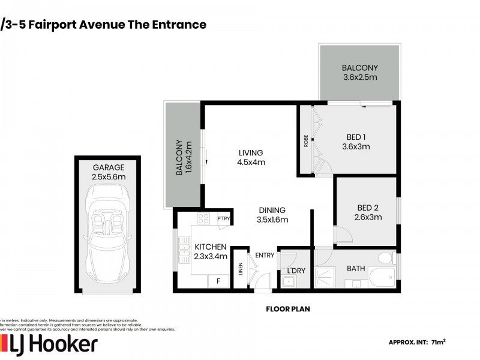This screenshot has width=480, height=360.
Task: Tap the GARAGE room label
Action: (107, 167)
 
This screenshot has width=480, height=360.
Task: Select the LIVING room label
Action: (251, 152)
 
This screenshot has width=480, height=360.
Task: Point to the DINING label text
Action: (272, 210)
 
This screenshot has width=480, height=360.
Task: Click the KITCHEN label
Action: (210, 247)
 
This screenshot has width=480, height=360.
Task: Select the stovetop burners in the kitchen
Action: (203, 218)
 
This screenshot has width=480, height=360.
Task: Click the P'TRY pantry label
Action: (224, 218)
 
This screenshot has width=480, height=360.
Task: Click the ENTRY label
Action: (265, 255)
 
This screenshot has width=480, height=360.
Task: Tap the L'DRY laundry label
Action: (296, 271)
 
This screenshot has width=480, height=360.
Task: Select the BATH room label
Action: (356, 268)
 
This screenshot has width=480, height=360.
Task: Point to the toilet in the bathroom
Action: (385, 258)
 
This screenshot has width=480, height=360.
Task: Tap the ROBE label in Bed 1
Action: (306, 141)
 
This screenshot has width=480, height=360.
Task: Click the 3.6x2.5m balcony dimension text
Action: (359, 77)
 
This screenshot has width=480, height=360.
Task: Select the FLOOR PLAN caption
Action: (288, 310)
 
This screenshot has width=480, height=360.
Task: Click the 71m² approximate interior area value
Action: (438, 342)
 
